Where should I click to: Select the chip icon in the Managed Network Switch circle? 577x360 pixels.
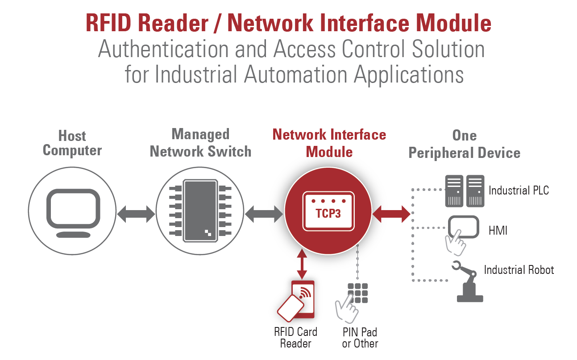200,209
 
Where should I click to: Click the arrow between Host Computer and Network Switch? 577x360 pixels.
136,215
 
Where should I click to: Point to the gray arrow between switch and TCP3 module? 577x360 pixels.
264,214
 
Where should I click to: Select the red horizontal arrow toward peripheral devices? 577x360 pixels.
391,214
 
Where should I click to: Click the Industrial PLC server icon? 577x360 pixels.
465,191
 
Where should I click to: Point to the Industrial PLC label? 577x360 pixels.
519,191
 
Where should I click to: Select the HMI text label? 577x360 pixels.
498,231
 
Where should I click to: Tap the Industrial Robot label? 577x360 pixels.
519,270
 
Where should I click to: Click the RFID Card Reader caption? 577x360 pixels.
295,338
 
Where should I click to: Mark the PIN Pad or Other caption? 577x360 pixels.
360,338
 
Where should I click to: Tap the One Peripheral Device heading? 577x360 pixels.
464,145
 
